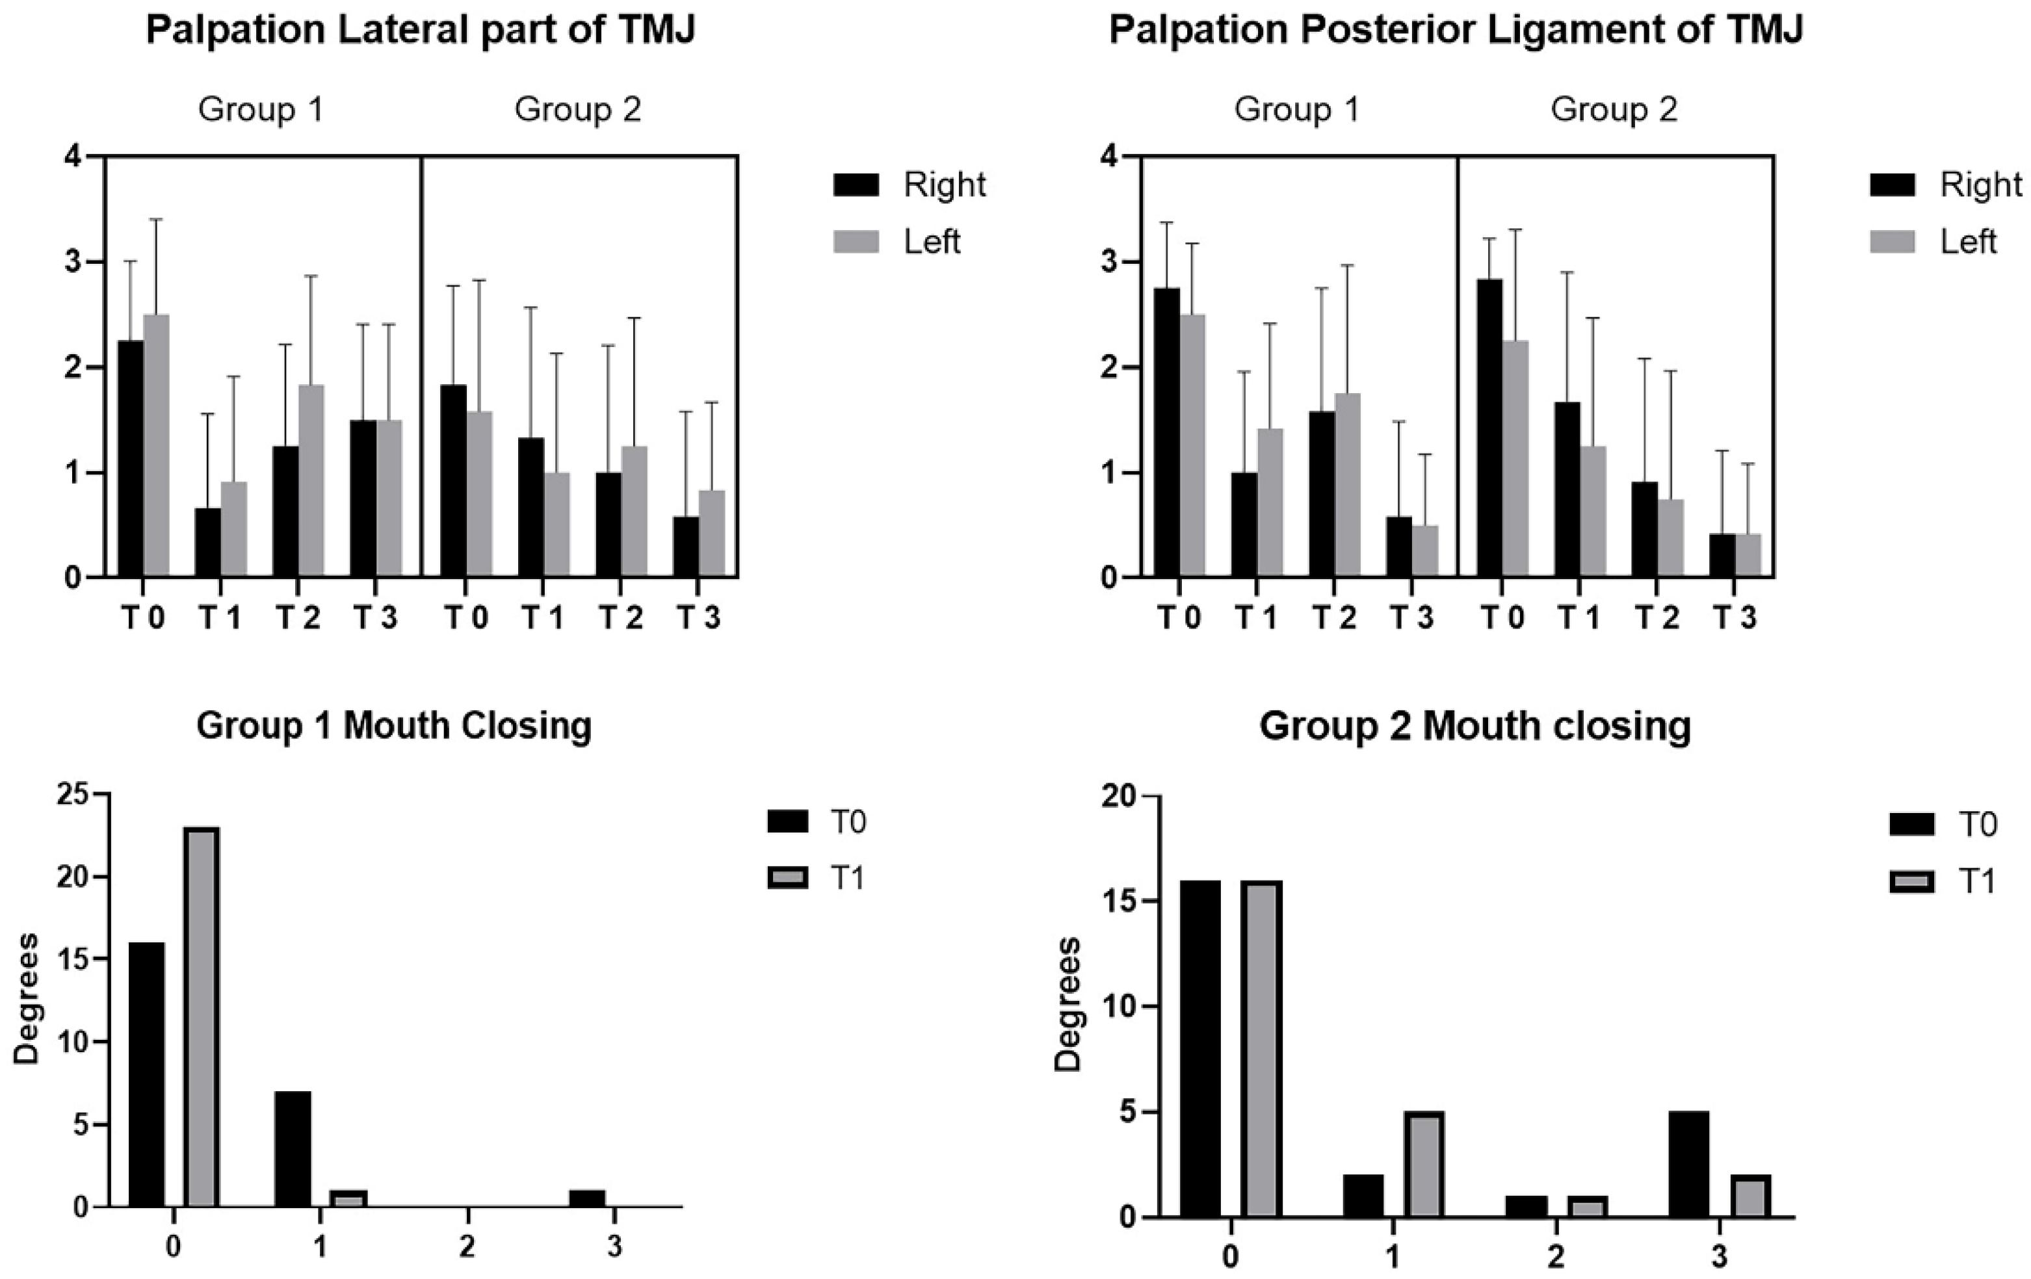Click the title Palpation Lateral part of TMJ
point(420,31)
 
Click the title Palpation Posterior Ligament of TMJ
point(1455,31)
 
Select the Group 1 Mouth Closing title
point(394,726)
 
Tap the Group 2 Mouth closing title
point(1475,726)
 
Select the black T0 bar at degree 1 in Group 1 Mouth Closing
point(293,1148)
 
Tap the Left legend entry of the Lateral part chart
point(931,242)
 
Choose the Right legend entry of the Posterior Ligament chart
point(1979,185)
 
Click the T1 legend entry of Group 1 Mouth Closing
point(848,879)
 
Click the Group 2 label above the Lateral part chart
point(578,110)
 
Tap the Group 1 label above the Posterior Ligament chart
point(1296,110)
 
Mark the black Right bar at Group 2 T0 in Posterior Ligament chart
point(1489,428)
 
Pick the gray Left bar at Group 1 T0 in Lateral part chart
point(156,446)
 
